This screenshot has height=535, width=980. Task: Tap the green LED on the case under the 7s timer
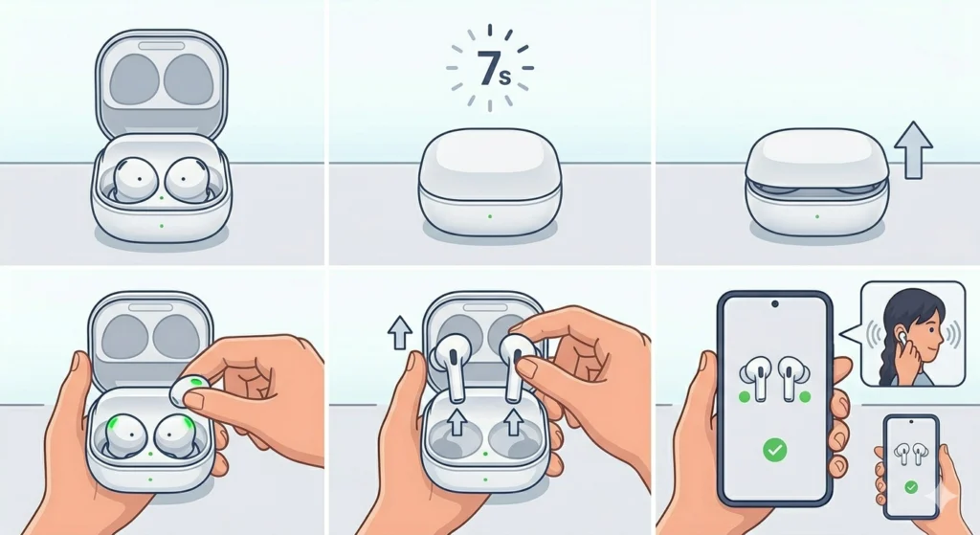490,217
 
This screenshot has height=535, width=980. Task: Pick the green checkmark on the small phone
911,487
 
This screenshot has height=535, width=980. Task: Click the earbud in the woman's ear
901,337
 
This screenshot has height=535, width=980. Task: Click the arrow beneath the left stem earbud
457,422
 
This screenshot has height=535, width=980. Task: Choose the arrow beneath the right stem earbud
514,421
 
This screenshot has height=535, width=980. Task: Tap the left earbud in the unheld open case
132,179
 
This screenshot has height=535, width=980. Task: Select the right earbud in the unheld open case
187,179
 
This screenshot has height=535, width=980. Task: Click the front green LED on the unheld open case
161,226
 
